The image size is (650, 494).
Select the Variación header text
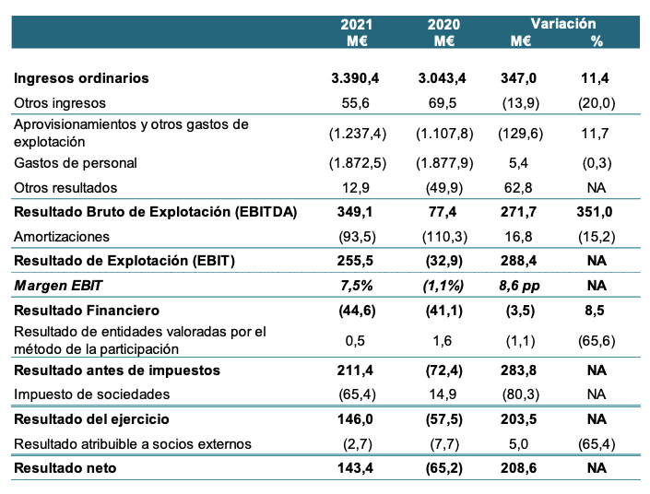tap(563, 24)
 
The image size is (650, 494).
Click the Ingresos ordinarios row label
tap(82, 78)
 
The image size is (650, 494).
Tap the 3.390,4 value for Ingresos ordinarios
tap(358, 78)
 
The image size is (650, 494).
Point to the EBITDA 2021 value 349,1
tap(358, 212)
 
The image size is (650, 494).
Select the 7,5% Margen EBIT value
tap(358, 285)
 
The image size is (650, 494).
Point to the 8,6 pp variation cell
tap(520, 285)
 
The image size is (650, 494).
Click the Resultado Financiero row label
tap(87, 310)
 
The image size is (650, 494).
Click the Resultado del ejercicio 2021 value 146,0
tap(358, 419)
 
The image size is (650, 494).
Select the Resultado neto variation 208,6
tap(520, 468)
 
